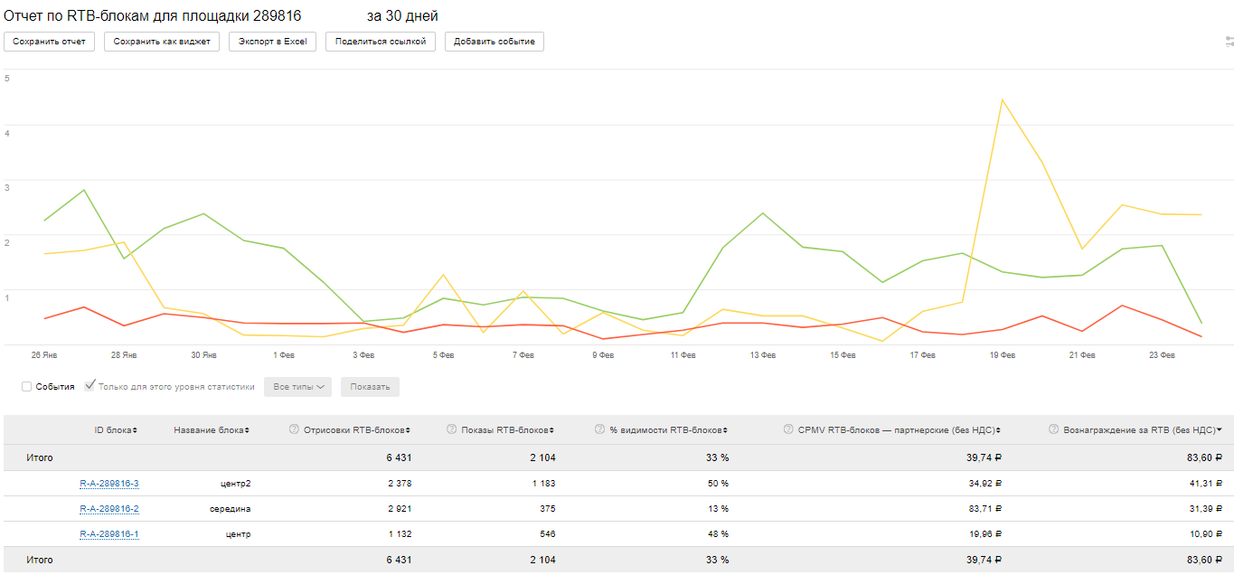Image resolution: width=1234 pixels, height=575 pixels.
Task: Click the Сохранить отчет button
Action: pyautogui.click(x=50, y=42)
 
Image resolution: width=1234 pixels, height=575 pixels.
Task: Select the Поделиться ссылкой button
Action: pyautogui.click(x=380, y=42)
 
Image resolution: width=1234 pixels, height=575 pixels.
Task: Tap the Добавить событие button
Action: pyautogui.click(x=494, y=42)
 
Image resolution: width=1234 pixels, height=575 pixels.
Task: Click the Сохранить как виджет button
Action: pyautogui.click(x=162, y=42)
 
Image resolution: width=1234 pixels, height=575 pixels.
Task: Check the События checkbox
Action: pyautogui.click(x=27, y=387)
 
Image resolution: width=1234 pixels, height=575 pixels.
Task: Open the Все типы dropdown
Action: pyautogui.click(x=297, y=387)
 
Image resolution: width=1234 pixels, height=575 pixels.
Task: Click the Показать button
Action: pyautogui.click(x=370, y=387)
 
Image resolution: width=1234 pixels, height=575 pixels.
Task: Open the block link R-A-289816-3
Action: pyautogui.click(x=109, y=484)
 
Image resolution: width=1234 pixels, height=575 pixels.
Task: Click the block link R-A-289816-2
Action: pyautogui.click(x=109, y=509)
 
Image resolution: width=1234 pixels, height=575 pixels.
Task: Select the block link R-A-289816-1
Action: pyautogui.click(x=109, y=534)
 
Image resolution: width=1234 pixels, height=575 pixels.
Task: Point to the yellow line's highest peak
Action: pyautogui.click(x=1002, y=99)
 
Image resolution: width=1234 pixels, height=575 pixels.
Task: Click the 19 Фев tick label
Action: pyautogui.click(x=1002, y=355)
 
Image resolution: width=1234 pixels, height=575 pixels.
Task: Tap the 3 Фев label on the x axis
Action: pyautogui.click(x=363, y=355)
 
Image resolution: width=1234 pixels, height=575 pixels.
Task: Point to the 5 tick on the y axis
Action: pyautogui.click(x=7, y=79)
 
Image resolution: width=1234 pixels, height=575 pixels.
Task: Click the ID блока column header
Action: pyautogui.click(x=116, y=430)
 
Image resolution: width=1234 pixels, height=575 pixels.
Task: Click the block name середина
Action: pyautogui.click(x=230, y=509)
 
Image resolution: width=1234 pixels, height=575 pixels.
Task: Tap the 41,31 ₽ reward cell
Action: pyautogui.click(x=1203, y=484)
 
